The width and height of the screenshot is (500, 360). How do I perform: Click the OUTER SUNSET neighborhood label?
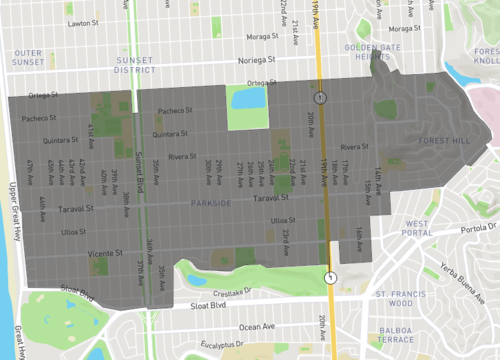pos(29,58)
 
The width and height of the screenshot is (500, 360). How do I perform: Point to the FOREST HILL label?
pos(444,141)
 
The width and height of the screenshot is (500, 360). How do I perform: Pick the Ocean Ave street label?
pos(256,326)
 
